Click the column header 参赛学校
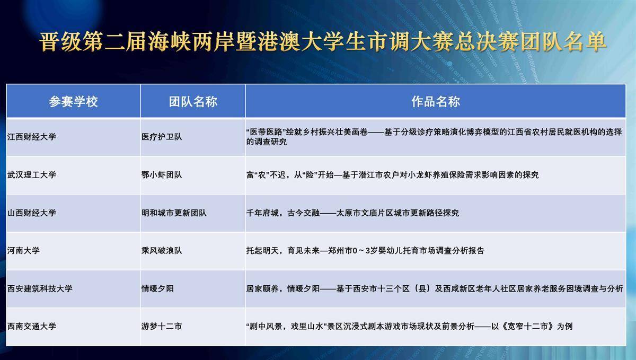(73, 101)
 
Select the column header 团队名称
(193, 101)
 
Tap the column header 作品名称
(436, 101)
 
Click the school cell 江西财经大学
(31, 137)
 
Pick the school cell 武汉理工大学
(31, 175)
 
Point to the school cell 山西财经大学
(31, 213)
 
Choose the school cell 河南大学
(23, 251)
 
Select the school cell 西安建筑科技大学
(40, 288)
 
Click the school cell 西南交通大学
(31, 326)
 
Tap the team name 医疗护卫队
(162, 137)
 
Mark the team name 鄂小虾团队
(162, 175)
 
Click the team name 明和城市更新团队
(174, 213)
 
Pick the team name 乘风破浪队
(162, 251)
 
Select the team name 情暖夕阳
(157, 288)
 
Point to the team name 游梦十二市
(162, 326)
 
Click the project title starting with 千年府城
(352, 213)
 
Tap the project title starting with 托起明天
(365, 251)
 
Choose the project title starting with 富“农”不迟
(392, 175)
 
